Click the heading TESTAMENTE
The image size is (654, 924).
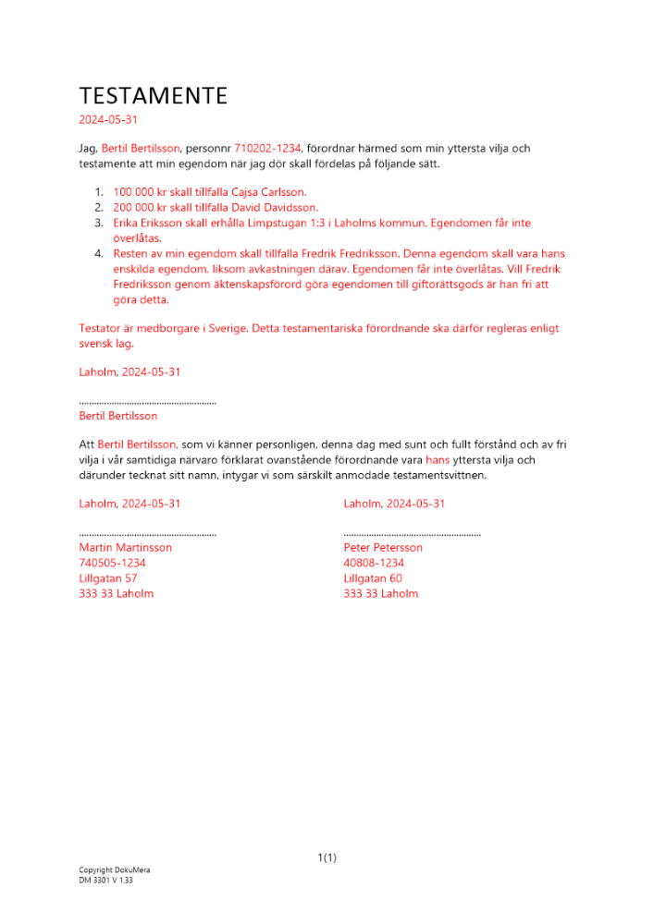click(153, 96)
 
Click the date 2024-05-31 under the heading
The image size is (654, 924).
click(109, 120)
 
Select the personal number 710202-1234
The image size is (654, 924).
click(267, 148)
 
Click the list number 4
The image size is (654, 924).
click(98, 253)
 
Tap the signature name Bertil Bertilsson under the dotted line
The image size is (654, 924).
click(118, 416)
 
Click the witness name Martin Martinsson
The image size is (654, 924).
click(125, 547)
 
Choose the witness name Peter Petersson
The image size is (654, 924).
click(383, 547)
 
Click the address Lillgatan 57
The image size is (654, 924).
click(108, 577)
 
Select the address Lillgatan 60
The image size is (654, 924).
click(373, 577)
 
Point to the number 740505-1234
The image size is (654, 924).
click(112, 563)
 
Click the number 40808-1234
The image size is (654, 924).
click(374, 563)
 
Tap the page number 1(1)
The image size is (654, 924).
click(327, 857)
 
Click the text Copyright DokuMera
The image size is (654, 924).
click(114, 870)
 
